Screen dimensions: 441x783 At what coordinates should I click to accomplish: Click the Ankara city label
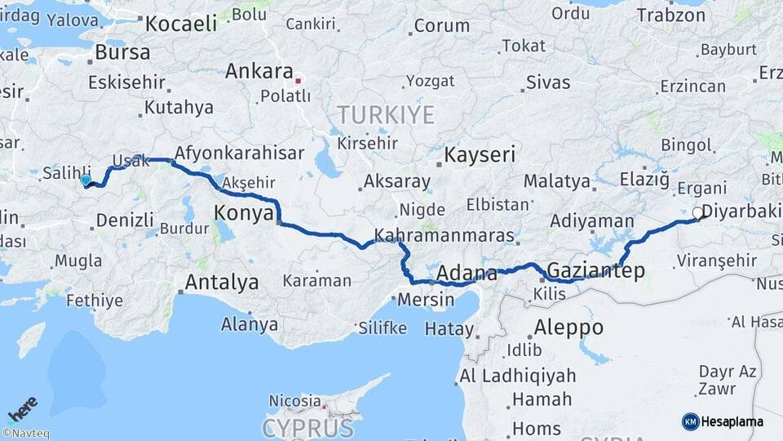pos(259,71)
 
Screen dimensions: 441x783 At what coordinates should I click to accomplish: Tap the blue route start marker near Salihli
pos(86,180)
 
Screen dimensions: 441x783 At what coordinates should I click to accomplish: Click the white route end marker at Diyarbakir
pos(697,213)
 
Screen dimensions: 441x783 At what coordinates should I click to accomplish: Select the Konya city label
pos(243,214)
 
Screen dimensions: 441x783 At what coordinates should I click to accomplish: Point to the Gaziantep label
pos(596,270)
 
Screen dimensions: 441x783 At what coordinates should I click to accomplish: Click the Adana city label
pos(467,272)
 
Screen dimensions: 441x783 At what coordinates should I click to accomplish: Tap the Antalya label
pos(222,283)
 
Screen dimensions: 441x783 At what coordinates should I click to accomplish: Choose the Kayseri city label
pos(480,155)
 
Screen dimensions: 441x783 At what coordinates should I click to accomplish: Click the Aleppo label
pos(568,327)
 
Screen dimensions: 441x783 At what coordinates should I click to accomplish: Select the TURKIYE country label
pos(386,114)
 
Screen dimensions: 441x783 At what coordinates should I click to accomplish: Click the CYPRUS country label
pos(308,429)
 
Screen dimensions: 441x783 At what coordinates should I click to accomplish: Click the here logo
pos(23,408)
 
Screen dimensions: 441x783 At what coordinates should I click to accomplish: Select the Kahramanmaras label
pos(444,237)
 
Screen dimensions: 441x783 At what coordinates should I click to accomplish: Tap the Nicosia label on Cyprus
pos(294,401)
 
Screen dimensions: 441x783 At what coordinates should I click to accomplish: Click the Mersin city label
pos(426,300)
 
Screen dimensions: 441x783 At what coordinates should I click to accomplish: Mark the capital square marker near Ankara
pos(299,81)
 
